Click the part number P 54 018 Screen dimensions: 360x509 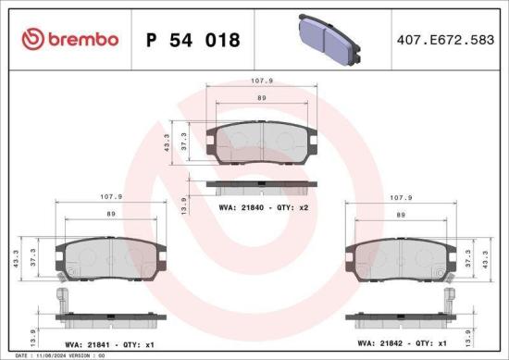pos(193,40)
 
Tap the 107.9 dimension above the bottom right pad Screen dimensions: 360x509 pos(401,197)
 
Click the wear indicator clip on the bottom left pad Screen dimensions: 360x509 pos(62,302)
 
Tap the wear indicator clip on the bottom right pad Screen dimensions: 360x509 pos(451,302)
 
